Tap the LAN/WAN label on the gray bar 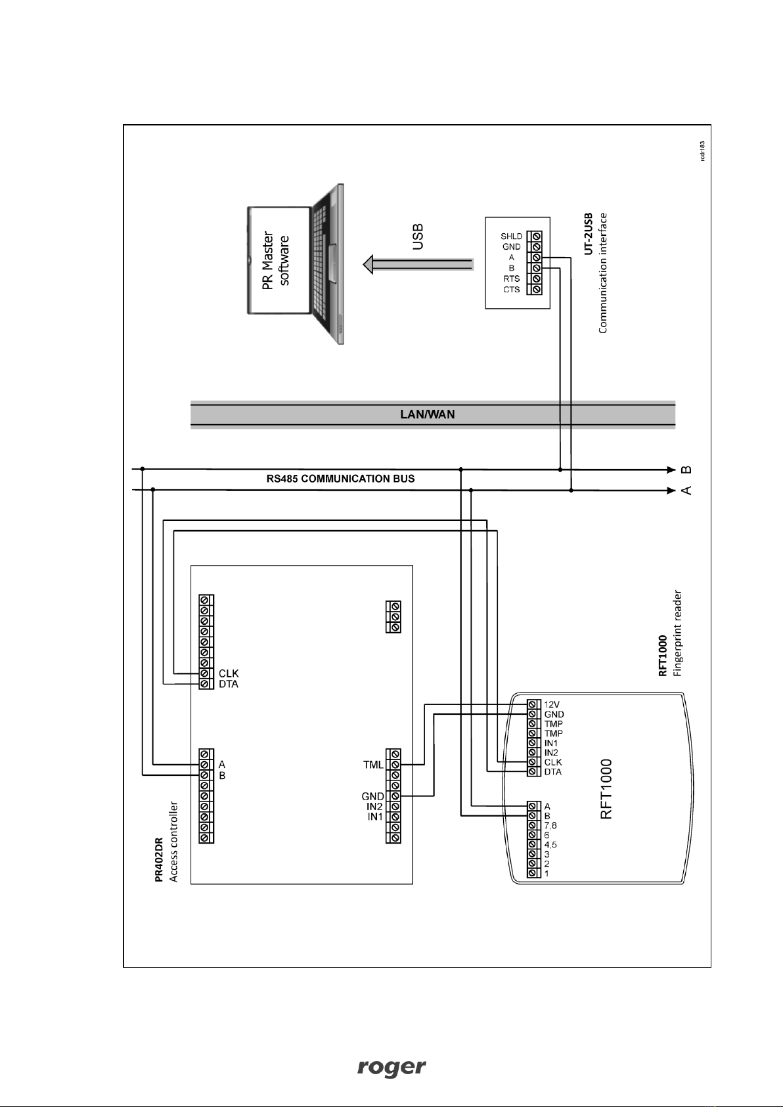(428, 414)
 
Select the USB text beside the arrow (418, 237)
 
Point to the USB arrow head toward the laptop (369, 264)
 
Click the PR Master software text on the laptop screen (276, 260)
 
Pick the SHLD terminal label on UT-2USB (511, 237)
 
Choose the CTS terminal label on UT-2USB (511, 290)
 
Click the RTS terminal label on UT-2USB (511, 279)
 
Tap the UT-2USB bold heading (588, 234)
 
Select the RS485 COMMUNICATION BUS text (340, 479)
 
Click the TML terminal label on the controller (373, 765)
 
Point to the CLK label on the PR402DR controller (229, 673)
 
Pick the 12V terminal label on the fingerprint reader (552, 704)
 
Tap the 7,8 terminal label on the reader (550, 825)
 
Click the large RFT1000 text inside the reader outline (606, 789)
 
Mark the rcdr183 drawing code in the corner (702, 150)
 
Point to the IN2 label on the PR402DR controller (374, 807)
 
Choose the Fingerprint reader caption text (677, 633)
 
